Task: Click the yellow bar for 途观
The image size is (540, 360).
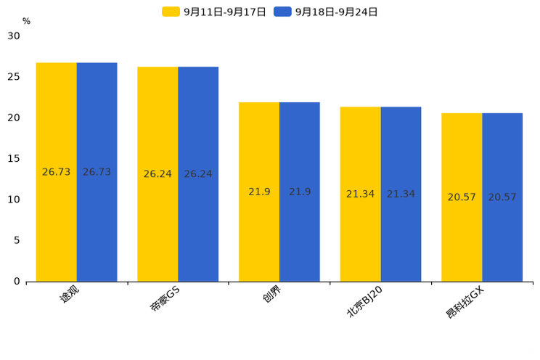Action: [x=57, y=172]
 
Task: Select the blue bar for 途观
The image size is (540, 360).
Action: [x=97, y=172]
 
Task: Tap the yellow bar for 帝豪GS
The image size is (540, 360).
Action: [x=157, y=174]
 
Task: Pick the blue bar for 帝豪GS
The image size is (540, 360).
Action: [x=198, y=174]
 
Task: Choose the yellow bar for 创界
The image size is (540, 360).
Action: [x=259, y=192]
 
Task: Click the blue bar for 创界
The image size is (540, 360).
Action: [x=300, y=192]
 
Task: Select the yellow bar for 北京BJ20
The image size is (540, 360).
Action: [x=360, y=194]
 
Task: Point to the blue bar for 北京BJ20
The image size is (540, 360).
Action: [x=401, y=194]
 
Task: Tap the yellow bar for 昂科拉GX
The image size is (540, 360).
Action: [x=462, y=197]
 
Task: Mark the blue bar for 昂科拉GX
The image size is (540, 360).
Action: [x=502, y=197]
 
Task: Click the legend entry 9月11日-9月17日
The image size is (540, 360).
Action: [x=215, y=12]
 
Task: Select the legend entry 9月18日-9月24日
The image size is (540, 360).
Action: [x=327, y=12]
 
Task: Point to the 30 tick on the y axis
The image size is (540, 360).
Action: [x=14, y=36]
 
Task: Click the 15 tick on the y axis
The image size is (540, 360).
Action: [x=14, y=158]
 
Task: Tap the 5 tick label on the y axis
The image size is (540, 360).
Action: [x=17, y=240]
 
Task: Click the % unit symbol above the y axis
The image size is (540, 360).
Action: [x=26, y=21]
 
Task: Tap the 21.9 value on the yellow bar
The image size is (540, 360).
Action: [x=259, y=192]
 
